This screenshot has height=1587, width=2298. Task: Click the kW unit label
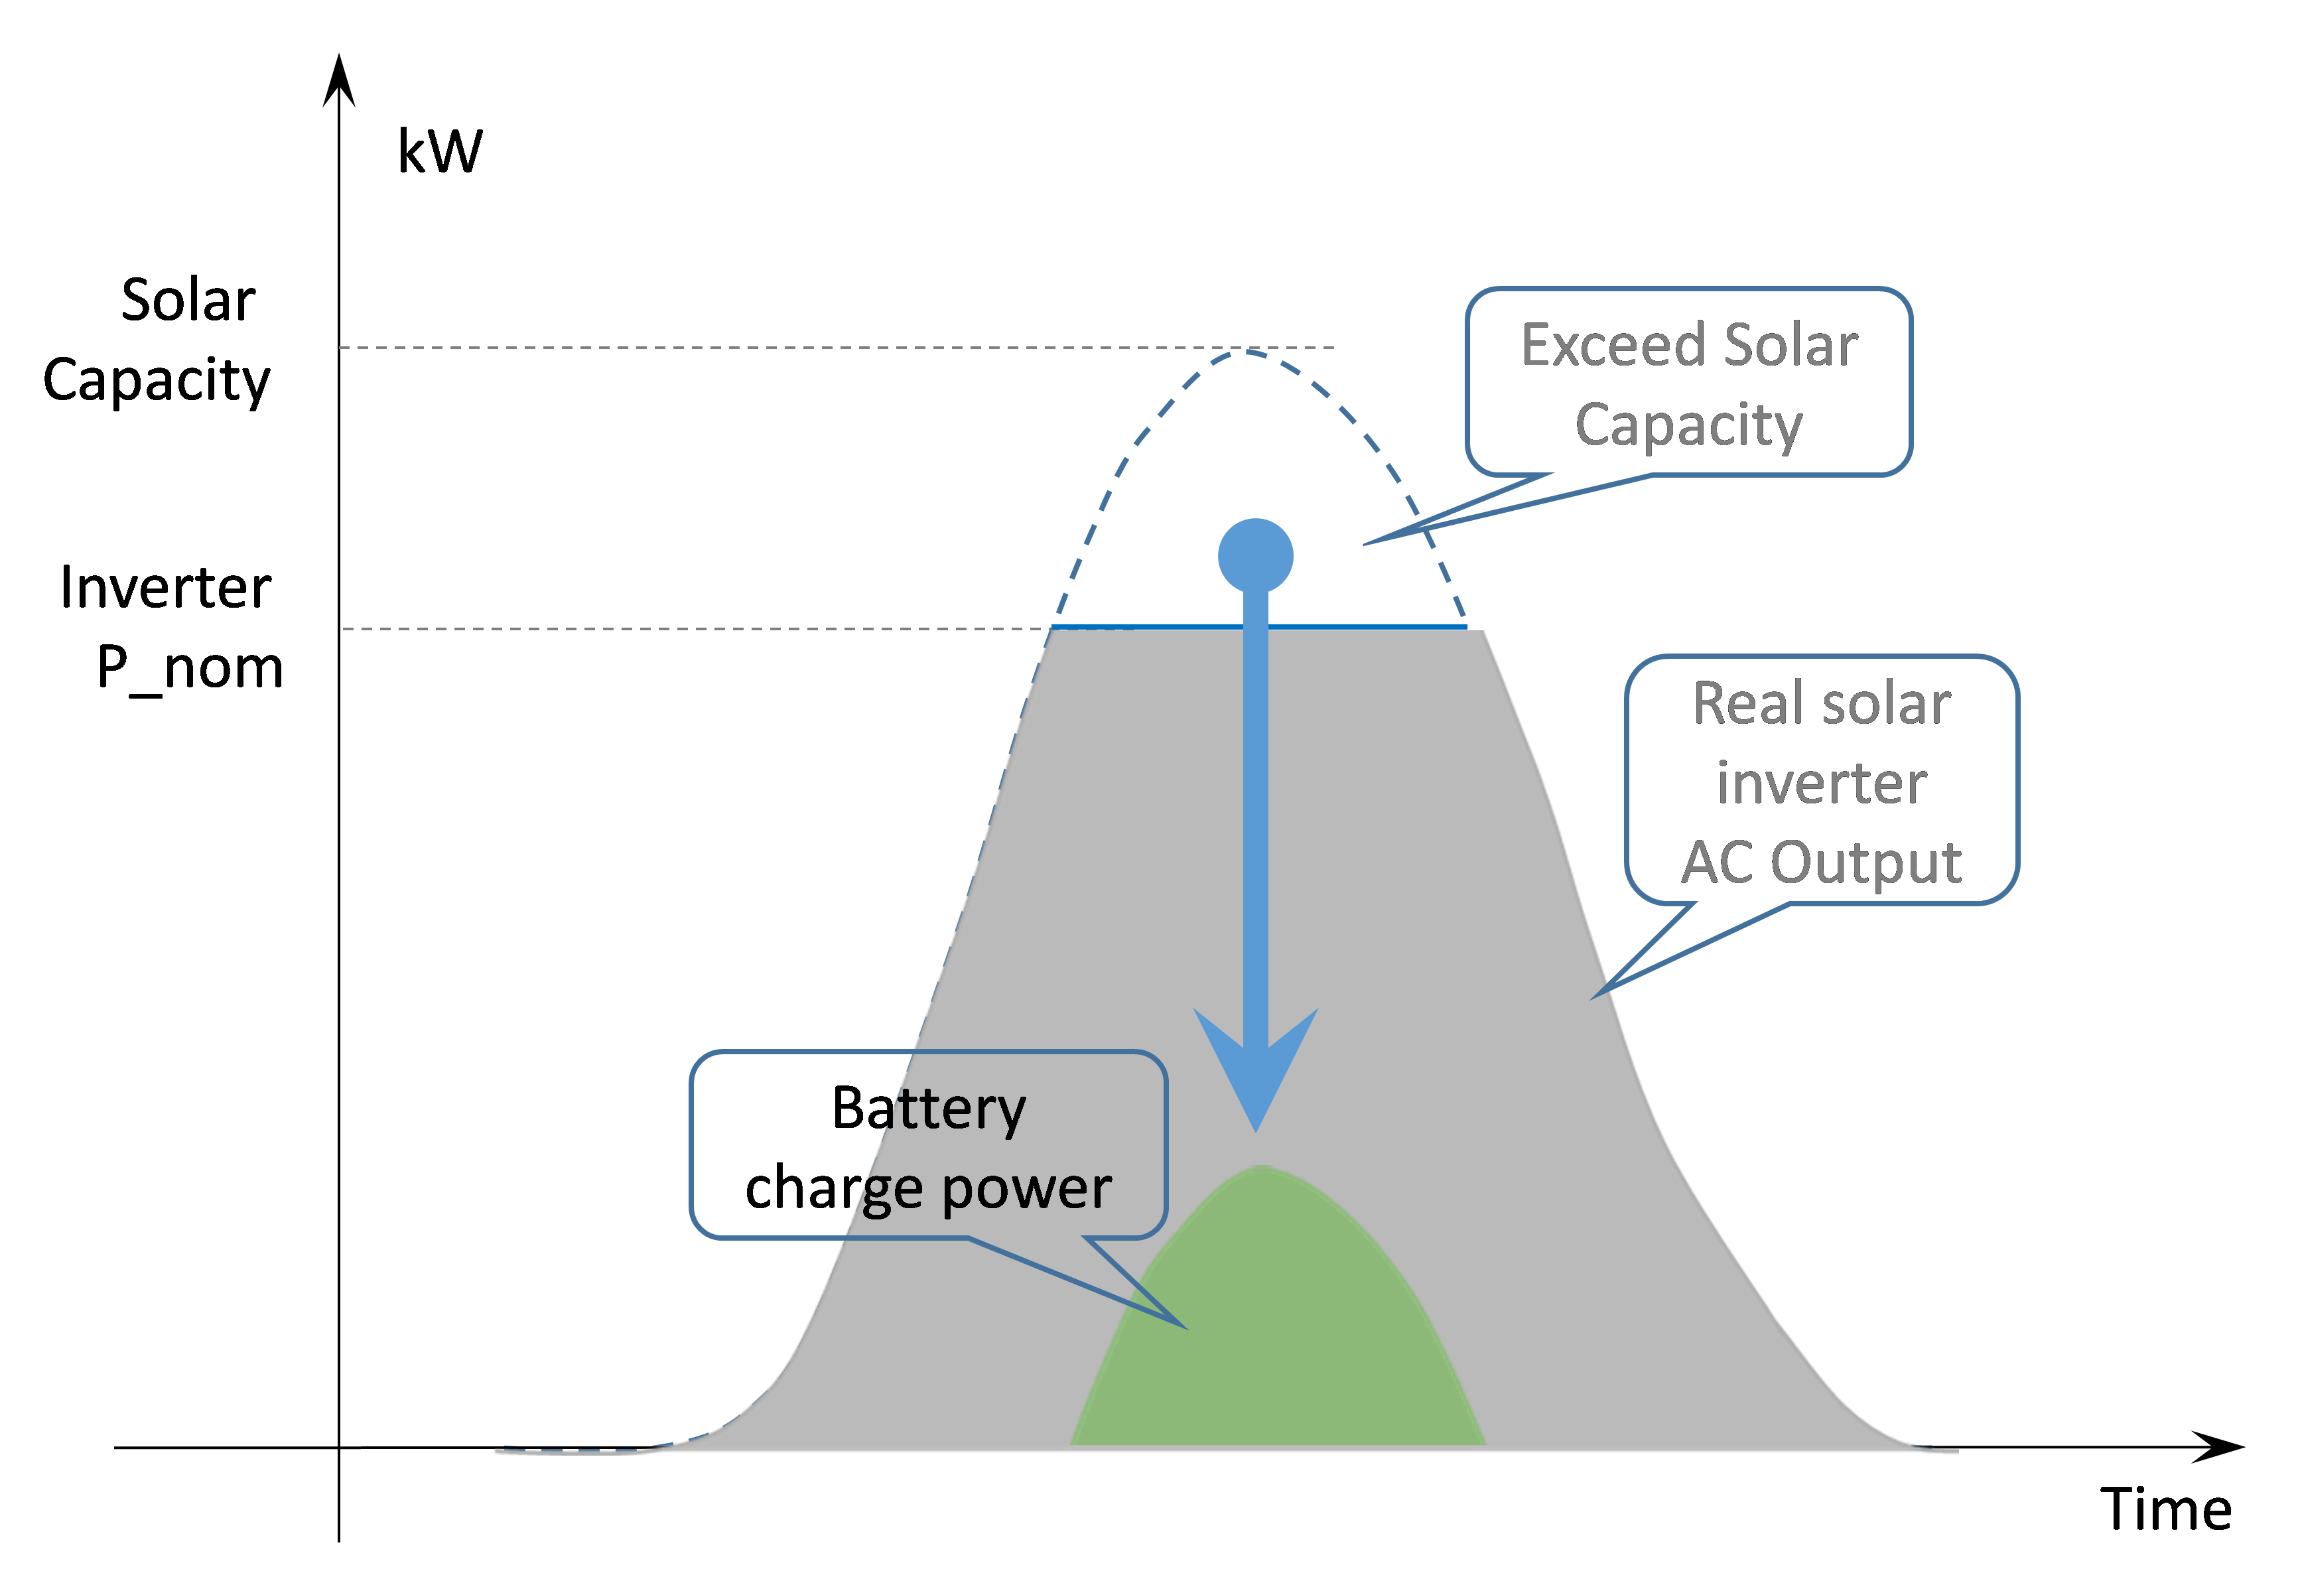440,151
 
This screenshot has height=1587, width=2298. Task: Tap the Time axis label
2166,1509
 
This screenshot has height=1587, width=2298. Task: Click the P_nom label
190,668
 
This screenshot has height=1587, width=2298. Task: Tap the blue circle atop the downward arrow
1256,556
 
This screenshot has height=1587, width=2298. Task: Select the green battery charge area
1277,1332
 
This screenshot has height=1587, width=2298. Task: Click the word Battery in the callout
929,1110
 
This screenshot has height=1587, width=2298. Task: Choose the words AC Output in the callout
1822,862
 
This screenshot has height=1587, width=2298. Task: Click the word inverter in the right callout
1822,784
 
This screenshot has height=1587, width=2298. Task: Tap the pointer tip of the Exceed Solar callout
1363,544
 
